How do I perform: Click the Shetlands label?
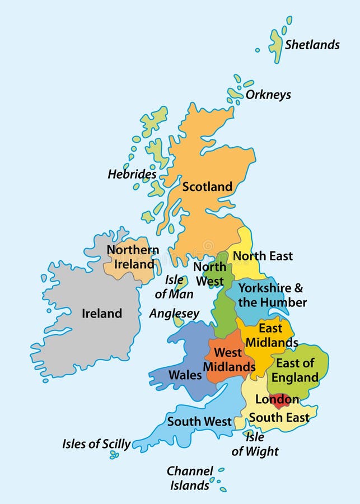tap(312, 45)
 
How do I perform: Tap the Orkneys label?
tap(268, 95)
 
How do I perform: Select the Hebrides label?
tap(132, 175)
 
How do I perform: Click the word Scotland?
tap(207, 186)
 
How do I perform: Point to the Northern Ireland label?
tap(133, 256)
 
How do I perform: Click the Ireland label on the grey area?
tap(102, 313)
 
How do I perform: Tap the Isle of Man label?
tap(174, 286)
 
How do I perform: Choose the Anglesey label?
tap(174, 314)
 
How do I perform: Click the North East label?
tap(263, 256)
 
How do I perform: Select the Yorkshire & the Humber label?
tap(272, 295)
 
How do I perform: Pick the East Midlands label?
tap(272, 335)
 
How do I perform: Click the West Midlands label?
tap(228, 360)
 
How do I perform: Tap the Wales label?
tap(185, 375)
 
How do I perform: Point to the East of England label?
tap(296, 370)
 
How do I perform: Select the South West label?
tap(199, 421)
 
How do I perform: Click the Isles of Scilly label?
tap(96, 444)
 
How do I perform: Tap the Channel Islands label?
tap(190, 478)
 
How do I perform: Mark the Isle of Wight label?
tap(255, 444)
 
